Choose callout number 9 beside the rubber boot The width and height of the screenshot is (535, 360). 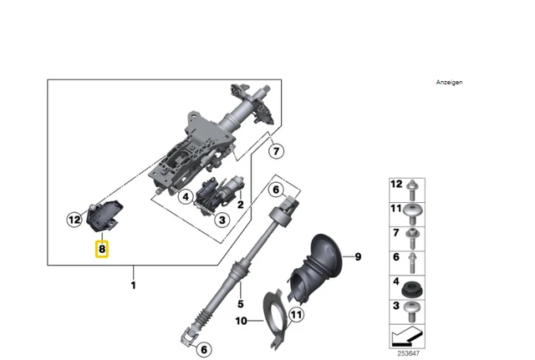(x=357, y=256)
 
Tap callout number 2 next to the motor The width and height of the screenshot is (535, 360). (x=240, y=203)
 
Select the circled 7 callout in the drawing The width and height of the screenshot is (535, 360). (x=277, y=152)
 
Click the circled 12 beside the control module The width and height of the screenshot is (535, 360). (x=75, y=221)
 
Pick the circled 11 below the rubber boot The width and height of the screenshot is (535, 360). (x=296, y=315)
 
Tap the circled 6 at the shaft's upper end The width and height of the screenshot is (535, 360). (x=274, y=190)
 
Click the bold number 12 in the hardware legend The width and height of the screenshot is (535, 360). (x=397, y=184)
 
